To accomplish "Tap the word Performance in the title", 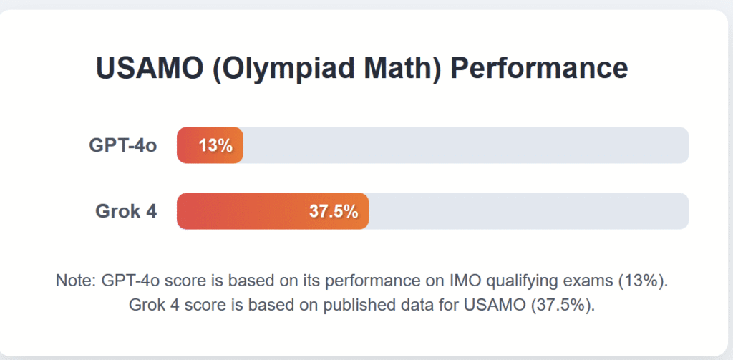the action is [x=540, y=68].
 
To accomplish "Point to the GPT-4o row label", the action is [x=123, y=145].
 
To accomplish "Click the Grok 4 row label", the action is [x=126, y=211].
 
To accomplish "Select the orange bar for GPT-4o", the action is [x=210, y=145].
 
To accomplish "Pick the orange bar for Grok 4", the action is [x=273, y=211].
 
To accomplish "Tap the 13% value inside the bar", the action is [x=216, y=146].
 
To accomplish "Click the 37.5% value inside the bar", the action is [x=334, y=212].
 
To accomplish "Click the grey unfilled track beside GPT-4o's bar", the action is [x=466, y=145].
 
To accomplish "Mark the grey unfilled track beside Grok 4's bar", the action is [x=529, y=211].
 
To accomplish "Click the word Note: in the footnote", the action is [x=76, y=281].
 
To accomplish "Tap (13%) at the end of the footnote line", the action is [x=644, y=282].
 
